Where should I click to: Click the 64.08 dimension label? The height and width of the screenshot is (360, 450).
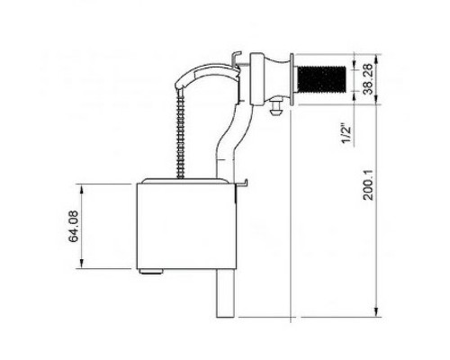(74, 226)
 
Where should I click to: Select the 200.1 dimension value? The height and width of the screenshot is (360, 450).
(368, 185)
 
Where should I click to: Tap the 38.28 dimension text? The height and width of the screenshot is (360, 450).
(368, 79)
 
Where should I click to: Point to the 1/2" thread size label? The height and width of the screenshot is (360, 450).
(346, 134)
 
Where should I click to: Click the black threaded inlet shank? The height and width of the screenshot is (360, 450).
(321, 79)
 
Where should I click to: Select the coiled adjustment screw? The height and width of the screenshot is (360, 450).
(181, 133)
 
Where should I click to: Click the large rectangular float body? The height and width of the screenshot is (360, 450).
(186, 226)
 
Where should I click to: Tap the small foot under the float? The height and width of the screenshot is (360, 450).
(151, 272)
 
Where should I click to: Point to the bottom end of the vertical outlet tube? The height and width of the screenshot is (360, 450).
(225, 317)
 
